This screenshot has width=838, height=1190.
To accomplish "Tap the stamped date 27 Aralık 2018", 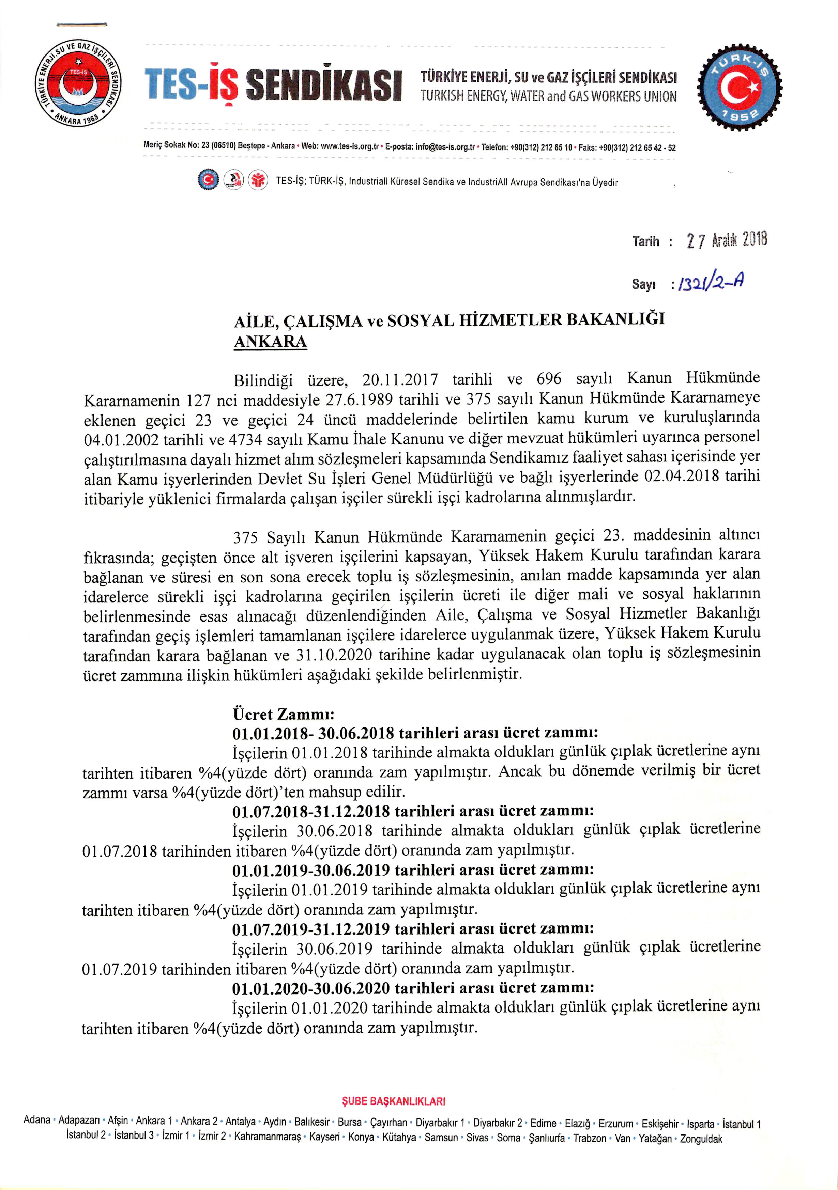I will pyautogui.click(x=726, y=240).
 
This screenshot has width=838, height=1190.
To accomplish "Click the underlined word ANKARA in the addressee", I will pyautogui.click(x=270, y=342).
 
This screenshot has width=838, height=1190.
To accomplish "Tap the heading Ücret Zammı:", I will pyautogui.click(x=283, y=714).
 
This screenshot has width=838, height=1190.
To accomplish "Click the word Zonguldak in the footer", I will pyautogui.click(x=701, y=1139).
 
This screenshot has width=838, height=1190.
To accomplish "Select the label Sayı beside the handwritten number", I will pyautogui.click(x=643, y=284).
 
